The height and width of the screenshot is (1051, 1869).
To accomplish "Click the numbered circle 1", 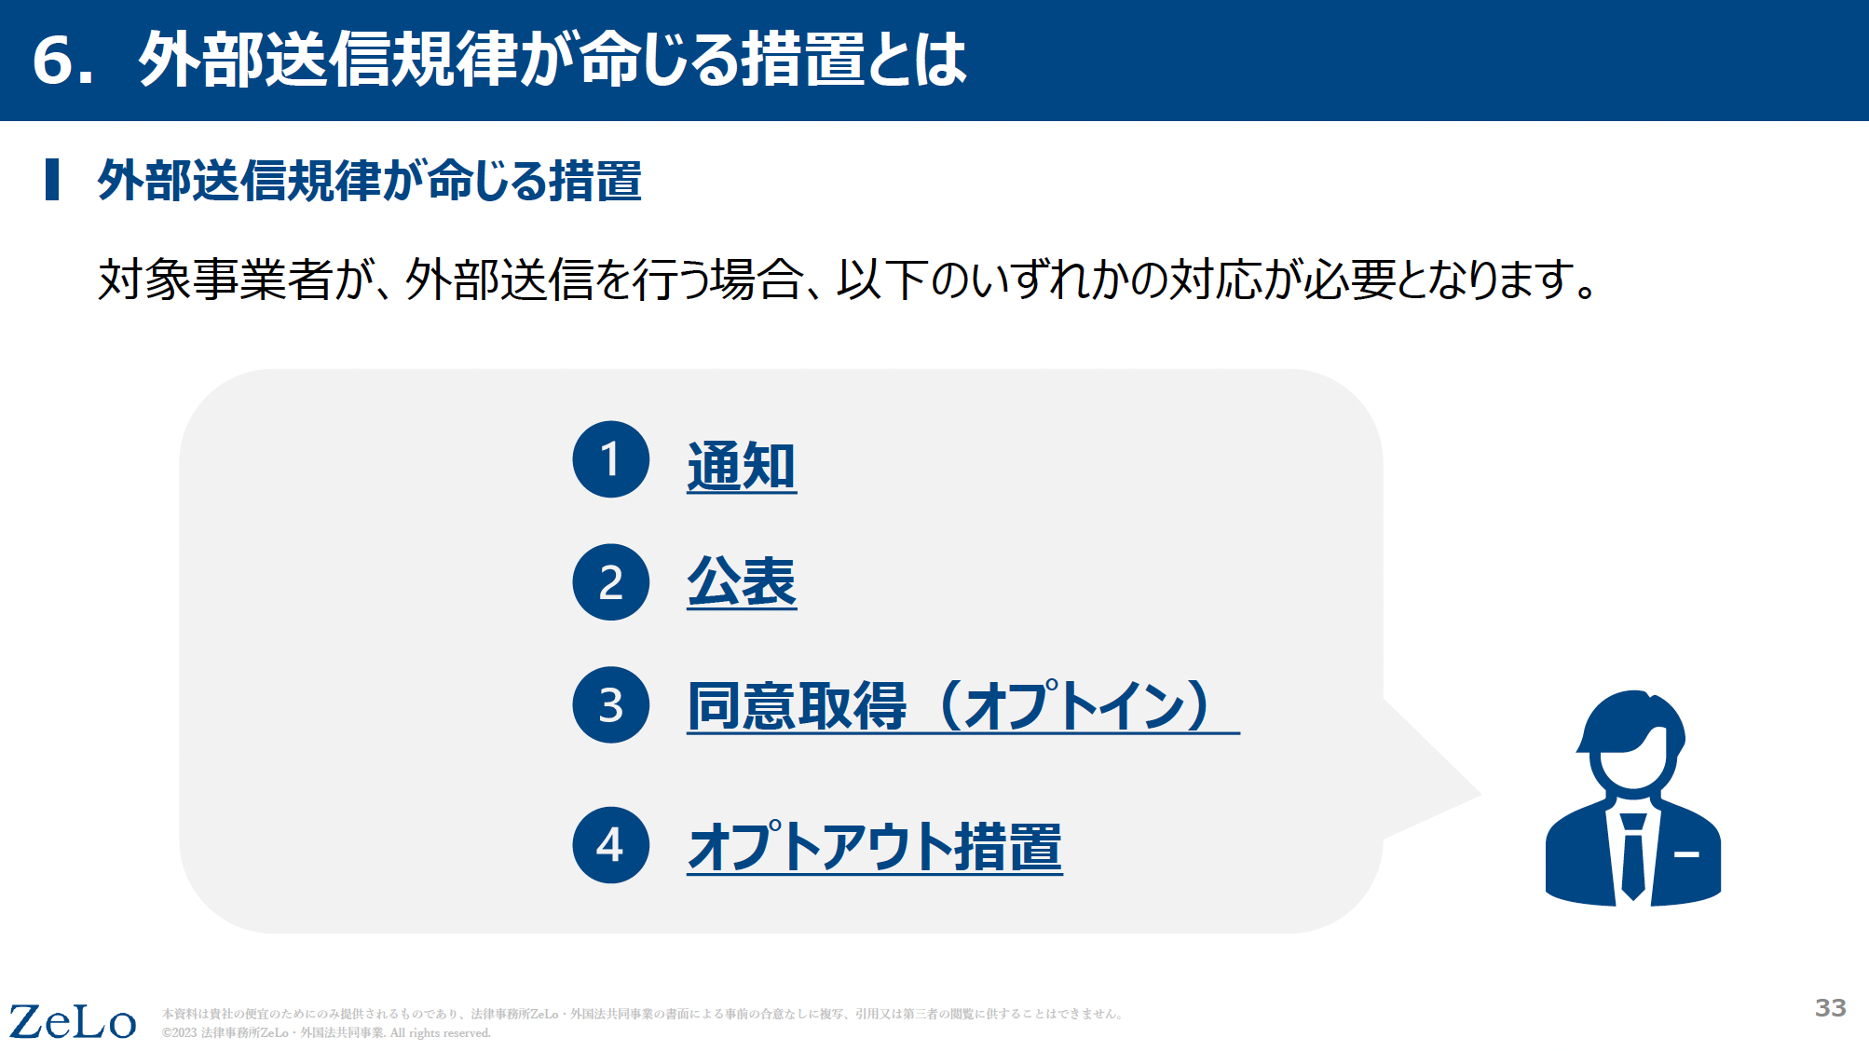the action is [x=610, y=459].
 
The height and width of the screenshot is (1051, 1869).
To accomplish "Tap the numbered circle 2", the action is [x=610, y=582].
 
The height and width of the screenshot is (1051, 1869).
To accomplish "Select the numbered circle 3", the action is [x=610, y=704].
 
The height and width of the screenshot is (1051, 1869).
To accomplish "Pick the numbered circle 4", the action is [x=610, y=845].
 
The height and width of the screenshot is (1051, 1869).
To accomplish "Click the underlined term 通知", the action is [x=742, y=466].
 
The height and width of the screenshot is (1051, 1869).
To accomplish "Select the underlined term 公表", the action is [x=742, y=581].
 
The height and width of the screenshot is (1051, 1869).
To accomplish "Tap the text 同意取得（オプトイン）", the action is [x=962, y=705].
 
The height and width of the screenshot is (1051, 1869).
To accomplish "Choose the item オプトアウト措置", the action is [x=875, y=846].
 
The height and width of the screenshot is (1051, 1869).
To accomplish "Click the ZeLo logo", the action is [x=73, y=1021].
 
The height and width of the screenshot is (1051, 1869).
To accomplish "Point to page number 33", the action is [x=1830, y=1007].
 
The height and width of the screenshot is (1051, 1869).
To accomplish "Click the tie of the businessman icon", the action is [x=1632, y=855].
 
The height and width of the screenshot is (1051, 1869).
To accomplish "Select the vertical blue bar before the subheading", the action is [x=52, y=180].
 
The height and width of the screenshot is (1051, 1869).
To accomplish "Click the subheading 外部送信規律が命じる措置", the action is [x=370, y=180].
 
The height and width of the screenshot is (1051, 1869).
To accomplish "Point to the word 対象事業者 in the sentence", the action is [x=215, y=280].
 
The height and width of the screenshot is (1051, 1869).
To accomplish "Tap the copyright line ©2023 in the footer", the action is [x=326, y=1033].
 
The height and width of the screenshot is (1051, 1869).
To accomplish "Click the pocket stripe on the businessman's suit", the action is [x=1686, y=853].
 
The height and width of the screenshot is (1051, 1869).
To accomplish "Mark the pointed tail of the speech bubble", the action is [x=1480, y=795].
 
